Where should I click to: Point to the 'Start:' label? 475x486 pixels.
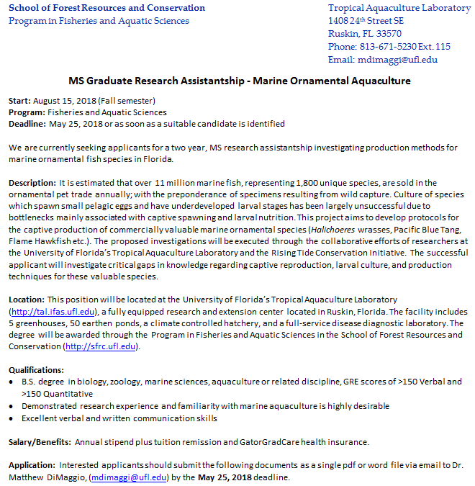(19, 101)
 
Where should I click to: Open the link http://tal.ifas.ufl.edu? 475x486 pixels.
(54, 311)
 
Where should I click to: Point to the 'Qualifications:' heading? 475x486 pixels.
(36, 370)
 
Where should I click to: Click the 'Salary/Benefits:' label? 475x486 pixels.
(39, 441)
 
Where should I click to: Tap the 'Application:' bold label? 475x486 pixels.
(32, 465)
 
